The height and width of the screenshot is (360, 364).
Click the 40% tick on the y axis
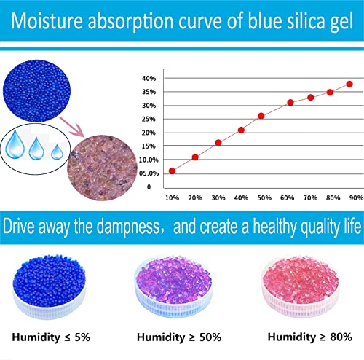pyautogui.click(x=149, y=78)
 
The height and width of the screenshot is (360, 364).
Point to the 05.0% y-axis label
pyautogui.click(x=149, y=173)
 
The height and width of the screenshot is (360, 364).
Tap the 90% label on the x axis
pyautogui.click(x=354, y=198)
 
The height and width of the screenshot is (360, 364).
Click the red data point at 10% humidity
pyautogui.click(x=172, y=171)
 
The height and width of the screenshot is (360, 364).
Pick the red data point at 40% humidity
pyautogui.click(x=241, y=130)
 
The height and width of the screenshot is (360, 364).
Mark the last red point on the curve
pyautogui.click(x=349, y=84)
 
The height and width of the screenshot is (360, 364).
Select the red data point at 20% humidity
pyautogui.click(x=195, y=157)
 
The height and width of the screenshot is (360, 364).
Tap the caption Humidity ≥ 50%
pyautogui.click(x=181, y=337)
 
